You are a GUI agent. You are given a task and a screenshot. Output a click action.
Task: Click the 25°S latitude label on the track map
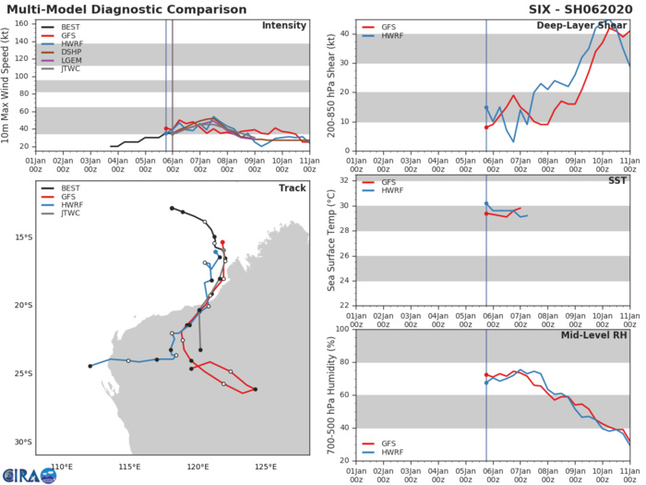pos(22,373)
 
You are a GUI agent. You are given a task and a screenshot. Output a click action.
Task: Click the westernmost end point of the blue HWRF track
pos(90,366)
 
